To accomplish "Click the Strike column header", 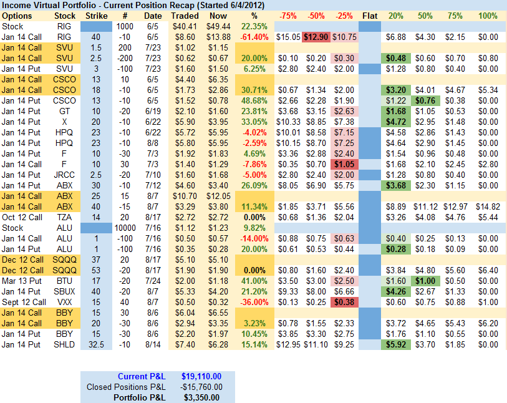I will (x=95, y=16).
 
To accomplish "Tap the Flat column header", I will (x=370, y=16).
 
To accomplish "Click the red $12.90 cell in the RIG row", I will (x=317, y=37).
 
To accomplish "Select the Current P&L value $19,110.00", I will (x=201, y=377).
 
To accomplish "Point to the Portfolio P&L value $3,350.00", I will (x=201, y=397).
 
